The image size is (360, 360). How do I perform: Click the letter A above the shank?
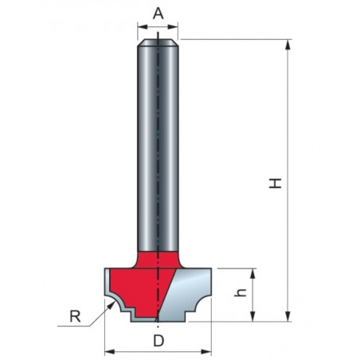point(158,14)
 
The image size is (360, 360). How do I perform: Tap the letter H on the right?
point(275,183)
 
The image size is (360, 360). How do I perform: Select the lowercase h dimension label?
point(241,292)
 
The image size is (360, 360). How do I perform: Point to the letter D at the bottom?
point(158,341)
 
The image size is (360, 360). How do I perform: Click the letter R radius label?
point(75,316)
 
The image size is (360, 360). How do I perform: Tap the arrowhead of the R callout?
point(111,306)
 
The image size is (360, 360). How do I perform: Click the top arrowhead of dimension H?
point(288,45)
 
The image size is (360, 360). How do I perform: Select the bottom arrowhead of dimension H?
point(288,316)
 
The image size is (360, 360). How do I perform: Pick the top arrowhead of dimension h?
point(252,274)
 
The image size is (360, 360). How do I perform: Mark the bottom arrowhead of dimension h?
point(252,316)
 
